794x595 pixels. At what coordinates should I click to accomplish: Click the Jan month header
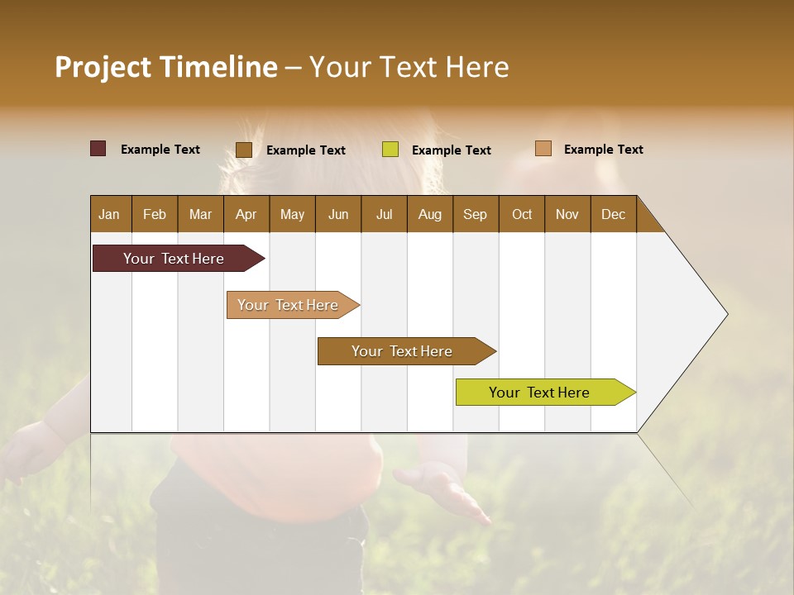(x=110, y=214)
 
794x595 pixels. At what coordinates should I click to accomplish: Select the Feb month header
(x=155, y=214)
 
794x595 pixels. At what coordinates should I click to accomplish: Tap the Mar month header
(x=200, y=214)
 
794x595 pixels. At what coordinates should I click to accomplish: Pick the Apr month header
(x=246, y=214)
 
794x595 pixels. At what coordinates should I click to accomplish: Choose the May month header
(x=292, y=214)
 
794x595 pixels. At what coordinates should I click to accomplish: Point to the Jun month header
(x=338, y=214)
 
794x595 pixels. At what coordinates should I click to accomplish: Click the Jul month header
(x=385, y=214)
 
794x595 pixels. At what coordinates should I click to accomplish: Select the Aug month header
(x=430, y=214)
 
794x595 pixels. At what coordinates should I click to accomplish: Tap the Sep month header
(x=476, y=214)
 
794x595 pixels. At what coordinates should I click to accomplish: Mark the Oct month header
(x=522, y=214)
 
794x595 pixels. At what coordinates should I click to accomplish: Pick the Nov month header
(x=567, y=214)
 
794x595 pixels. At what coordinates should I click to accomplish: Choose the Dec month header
(x=614, y=214)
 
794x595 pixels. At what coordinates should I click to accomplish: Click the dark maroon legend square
(x=98, y=149)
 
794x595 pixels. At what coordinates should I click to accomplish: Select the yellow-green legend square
(x=390, y=150)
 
